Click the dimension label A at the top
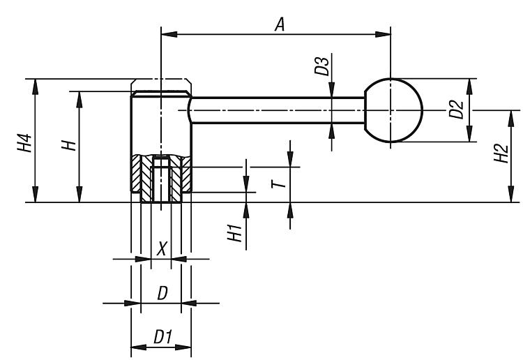(280, 24)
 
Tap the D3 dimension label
(322, 66)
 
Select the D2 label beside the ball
(456, 110)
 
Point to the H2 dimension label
(501, 153)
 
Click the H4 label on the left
(24, 143)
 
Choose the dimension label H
(69, 146)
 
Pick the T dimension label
(279, 183)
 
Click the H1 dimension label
(234, 233)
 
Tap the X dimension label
(162, 248)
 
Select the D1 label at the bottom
(162, 337)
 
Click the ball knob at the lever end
(393, 110)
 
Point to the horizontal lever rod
(278, 110)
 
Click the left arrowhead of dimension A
(169, 34)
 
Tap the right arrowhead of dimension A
(383, 34)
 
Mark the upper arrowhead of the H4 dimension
(35, 87)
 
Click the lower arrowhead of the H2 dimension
(510, 195)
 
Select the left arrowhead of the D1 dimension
(139, 347)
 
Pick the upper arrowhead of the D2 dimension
(469, 87)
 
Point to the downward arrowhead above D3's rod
(331, 90)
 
